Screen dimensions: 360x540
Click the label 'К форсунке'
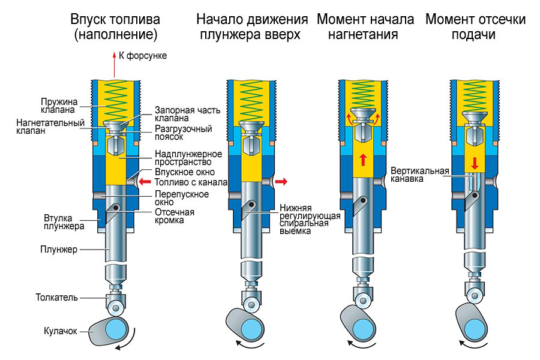(x=143, y=56)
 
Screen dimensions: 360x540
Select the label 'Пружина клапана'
(x=58, y=106)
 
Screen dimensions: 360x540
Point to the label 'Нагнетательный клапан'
(x=48, y=127)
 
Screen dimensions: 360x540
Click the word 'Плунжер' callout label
(x=59, y=250)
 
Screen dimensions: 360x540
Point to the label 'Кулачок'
(x=61, y=331)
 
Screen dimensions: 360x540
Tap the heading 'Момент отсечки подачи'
(x=475, y=27)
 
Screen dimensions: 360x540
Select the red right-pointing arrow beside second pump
(x=281, y=181)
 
